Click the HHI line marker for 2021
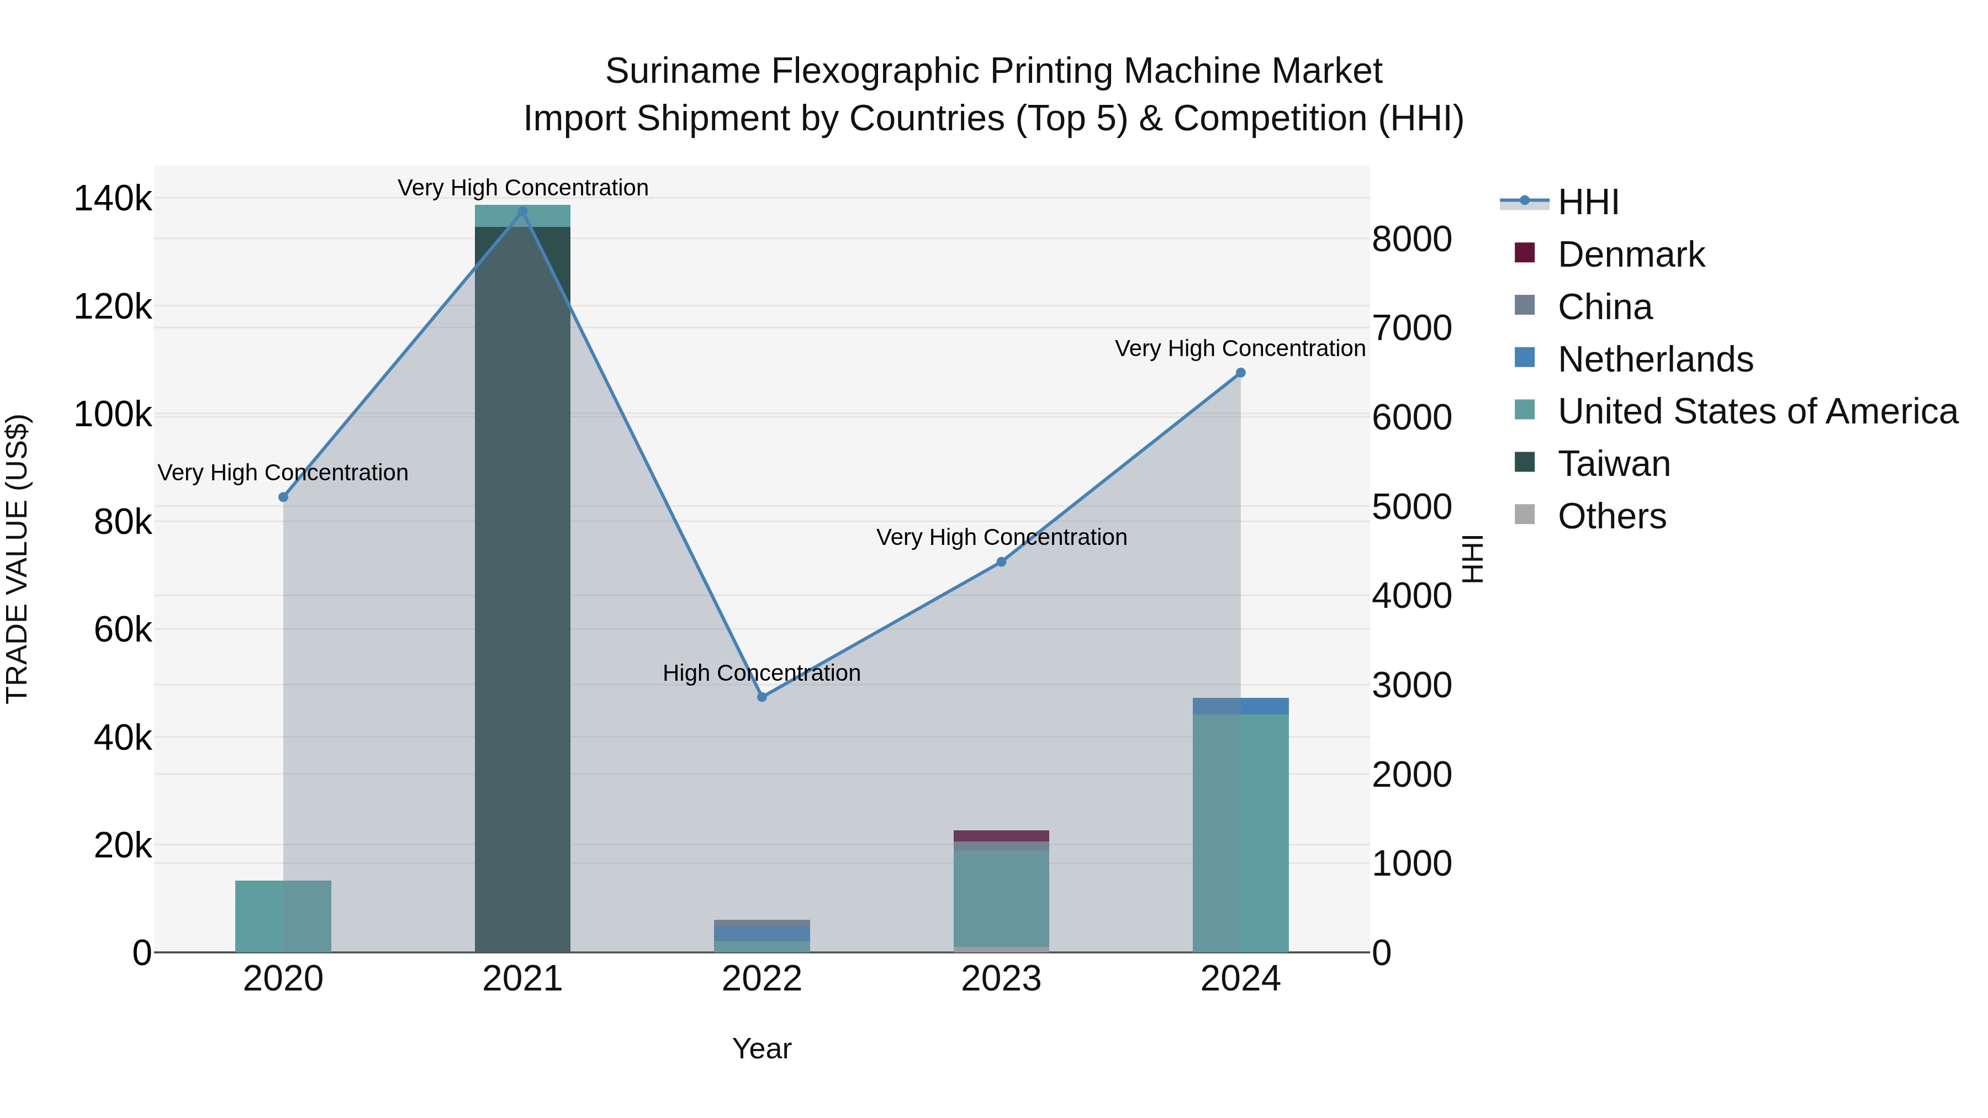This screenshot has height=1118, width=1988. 522,211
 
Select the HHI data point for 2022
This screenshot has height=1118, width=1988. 762,697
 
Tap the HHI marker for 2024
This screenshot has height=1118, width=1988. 1240,373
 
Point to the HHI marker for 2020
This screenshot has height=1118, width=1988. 283,497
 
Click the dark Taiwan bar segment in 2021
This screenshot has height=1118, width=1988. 522,586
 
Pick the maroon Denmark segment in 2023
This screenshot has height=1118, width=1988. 1001,836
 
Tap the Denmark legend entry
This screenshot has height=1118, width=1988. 1630,255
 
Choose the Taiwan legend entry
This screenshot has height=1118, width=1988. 1613,464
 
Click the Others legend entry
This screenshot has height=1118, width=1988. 1611,516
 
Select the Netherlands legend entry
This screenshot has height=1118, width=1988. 1654,359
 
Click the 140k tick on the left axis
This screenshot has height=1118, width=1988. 113,199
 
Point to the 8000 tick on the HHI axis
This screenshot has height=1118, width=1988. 1411,239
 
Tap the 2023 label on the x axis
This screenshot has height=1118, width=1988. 1001,979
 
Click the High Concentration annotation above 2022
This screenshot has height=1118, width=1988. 762,673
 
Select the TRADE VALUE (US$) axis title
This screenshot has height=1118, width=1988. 17,559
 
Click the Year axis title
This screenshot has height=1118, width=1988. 762,1048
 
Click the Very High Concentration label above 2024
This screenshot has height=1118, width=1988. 1240,349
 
